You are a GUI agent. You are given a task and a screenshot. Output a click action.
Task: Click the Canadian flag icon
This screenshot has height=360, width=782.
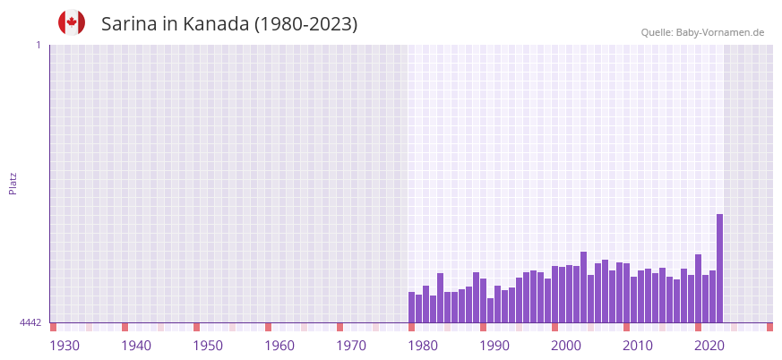[x=72, y=22]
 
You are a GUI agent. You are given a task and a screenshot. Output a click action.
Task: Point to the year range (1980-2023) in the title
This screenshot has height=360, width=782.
[x=306, y=24]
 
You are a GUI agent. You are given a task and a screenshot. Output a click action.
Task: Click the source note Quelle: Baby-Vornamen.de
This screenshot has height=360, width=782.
[x=702, y=32]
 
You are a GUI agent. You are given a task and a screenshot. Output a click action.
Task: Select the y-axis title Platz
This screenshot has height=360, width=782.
[x=13, y=183]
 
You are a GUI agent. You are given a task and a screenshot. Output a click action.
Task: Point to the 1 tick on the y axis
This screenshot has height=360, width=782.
[x=38, y=45]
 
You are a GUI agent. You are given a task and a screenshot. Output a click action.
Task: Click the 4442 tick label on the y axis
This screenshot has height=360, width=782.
[x=30, y=322]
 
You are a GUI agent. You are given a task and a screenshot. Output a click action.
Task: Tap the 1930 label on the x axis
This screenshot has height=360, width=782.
[x=64, y=346]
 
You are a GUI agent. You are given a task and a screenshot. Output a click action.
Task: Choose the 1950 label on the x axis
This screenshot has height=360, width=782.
[x=208, y=346]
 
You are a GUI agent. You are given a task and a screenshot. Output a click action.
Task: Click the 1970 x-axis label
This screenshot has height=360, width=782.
[x=351, y=346]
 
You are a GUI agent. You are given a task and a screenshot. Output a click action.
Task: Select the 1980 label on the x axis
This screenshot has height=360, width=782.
[x=423, y=346]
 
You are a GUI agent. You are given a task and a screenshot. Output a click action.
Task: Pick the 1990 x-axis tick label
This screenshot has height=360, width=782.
[x=494, y=346]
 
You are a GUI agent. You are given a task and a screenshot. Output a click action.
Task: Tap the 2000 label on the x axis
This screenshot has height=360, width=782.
[x=566, y=346]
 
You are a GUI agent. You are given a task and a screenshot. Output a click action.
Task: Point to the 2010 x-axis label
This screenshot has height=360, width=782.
[x=638, y=346]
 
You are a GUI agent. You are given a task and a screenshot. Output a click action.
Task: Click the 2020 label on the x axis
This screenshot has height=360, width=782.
[x=709, y=346]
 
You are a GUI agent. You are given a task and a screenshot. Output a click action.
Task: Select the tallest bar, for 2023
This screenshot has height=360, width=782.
[x=719, y=269]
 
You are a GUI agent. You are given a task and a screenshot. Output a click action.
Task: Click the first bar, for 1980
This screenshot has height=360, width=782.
[x=411, y=307]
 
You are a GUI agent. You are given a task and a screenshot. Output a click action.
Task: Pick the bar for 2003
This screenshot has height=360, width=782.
[x=576, y=295]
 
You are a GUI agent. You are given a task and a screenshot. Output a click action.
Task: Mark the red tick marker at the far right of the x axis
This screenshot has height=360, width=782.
[x=769, y=327]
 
